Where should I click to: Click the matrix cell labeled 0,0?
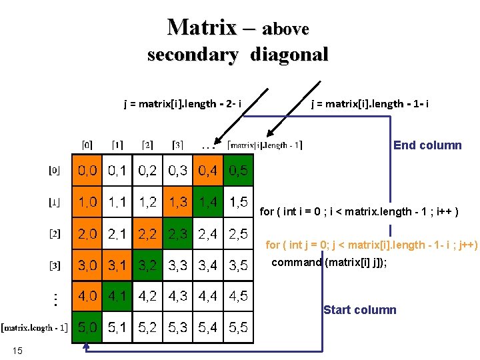coord(87,171)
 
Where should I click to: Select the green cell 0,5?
coord(238,171)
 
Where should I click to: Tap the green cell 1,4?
coord(208,202)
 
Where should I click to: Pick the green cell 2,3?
coord(178,233)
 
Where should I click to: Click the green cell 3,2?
coord(148,265)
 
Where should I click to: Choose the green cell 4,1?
coord(117,296)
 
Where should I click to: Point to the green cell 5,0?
coord(87,327)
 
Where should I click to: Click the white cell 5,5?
coord(238,327)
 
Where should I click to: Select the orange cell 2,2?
coord(148,233)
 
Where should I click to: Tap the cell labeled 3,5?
coord(238,265)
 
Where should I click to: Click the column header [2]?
coord(147,145)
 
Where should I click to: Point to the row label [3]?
coord(55,265)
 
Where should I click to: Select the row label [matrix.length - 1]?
coord(34,327)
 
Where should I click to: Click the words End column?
coord(427,145)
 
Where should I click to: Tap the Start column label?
coord(359,310)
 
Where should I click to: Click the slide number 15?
coord(17,351)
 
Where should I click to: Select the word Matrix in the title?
coord(202,27)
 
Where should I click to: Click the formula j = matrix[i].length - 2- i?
coord(183,103)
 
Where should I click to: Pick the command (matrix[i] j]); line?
coord(329,262)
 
